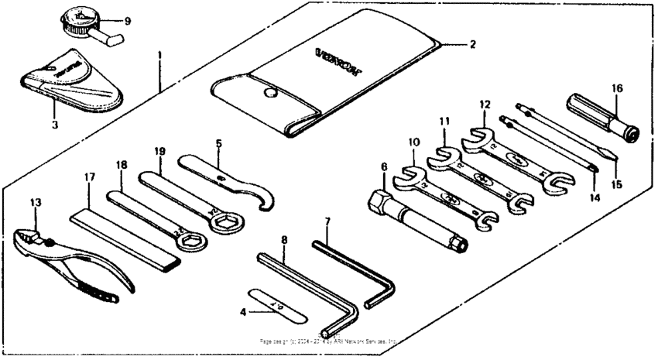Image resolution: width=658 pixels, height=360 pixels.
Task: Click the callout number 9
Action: (127, 20)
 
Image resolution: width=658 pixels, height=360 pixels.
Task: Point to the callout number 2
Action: (472, 44)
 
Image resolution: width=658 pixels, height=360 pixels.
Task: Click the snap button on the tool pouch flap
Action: (270, 94)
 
